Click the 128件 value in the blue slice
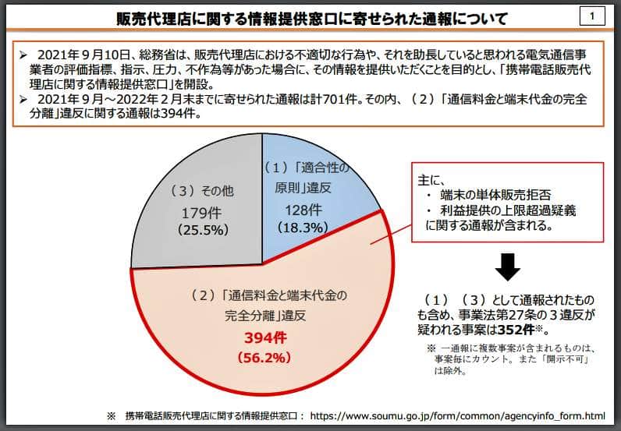pos(303,210)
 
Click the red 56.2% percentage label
pos(263,358)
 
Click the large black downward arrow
pos(509,267)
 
